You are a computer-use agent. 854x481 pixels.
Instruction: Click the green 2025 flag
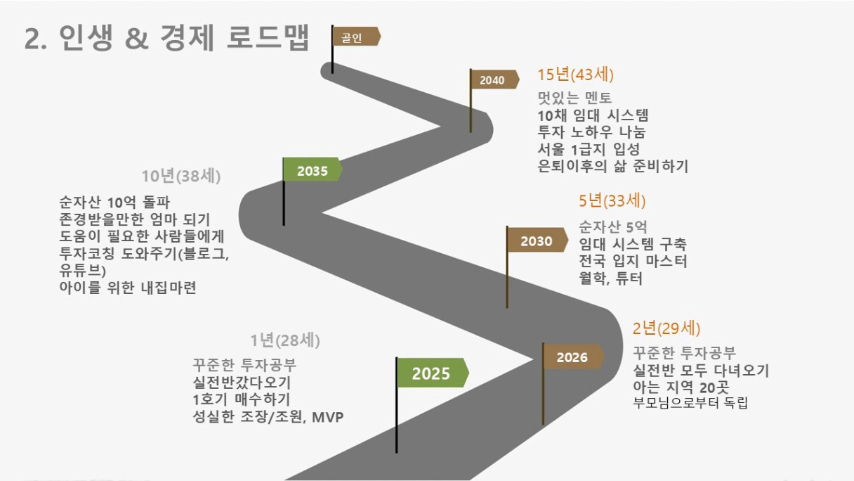433,373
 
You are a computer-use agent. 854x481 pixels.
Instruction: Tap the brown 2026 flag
572,357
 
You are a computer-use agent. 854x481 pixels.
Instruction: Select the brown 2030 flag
537,240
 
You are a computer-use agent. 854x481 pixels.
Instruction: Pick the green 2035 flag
313,170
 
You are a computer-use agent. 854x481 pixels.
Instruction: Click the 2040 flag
494,79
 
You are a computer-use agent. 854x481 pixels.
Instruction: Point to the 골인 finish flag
355,37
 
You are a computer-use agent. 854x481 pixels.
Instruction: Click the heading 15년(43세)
575,75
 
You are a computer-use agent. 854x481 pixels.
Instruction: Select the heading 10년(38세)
181,176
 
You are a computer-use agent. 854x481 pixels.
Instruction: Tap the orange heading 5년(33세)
612,201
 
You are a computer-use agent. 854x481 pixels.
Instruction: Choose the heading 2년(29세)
666,328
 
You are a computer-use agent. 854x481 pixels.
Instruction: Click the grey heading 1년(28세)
285,340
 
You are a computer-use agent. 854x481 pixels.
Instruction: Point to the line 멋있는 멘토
574,98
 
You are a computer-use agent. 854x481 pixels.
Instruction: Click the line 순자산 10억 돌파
114,203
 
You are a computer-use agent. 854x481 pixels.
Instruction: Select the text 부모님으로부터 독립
690,403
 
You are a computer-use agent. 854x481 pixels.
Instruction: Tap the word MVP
327,417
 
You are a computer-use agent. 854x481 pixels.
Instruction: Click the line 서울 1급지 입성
589,149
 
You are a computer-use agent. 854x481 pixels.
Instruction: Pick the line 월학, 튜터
610,278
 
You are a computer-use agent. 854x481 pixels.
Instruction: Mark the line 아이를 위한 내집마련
128,287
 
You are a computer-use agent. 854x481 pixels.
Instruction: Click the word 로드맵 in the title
268,37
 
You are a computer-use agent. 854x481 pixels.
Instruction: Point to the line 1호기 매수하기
242,399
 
